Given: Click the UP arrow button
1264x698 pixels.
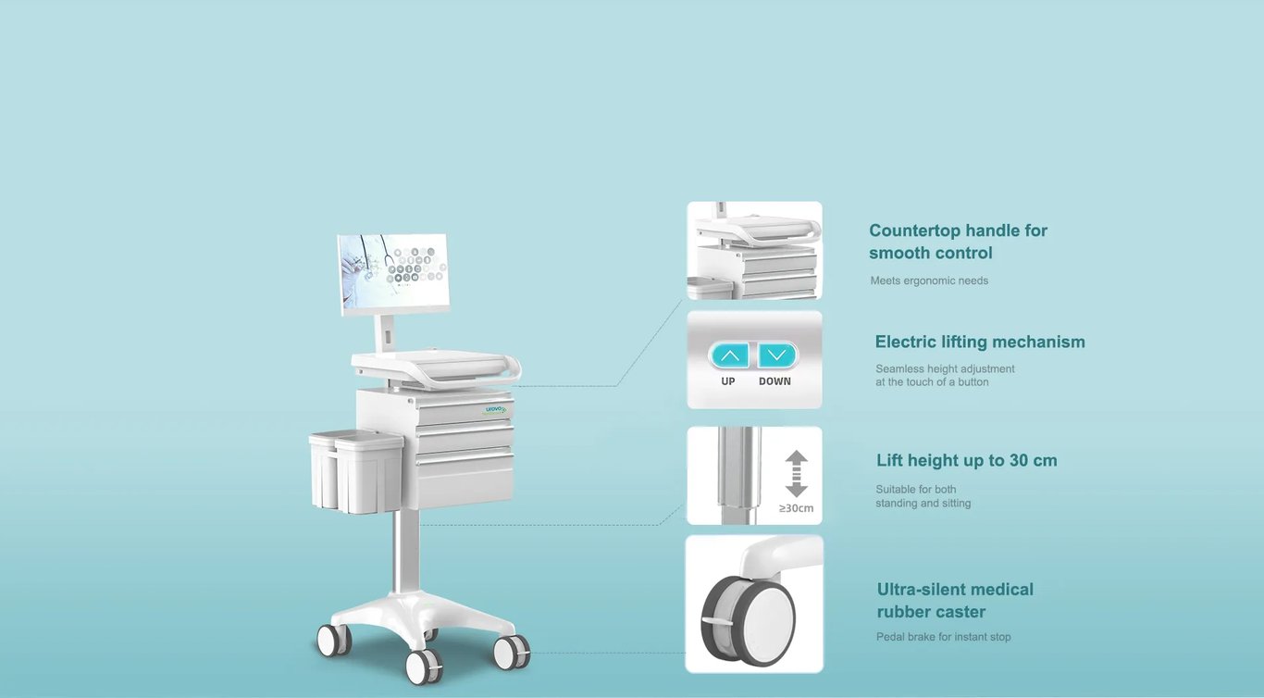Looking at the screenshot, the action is pyautogui.click(x=729, y=355).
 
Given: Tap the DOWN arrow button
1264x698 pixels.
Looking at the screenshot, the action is pyautogui.click(x=777, y=355).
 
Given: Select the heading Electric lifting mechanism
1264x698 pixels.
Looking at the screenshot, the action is pyautogui.click(x=980, y=342).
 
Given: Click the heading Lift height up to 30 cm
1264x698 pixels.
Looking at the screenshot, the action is pyautogui.click(x=967, y=460).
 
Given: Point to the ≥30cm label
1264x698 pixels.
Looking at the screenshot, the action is pyautogui.click(x=796, y=508).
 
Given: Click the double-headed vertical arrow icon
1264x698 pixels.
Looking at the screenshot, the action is pyautogui.click(x=796, y=473).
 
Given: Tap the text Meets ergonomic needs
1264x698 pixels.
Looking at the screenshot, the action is pyautogui.click(x=929, y=280).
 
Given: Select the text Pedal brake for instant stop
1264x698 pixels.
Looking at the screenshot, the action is pyautogui.click(x=944, y=637).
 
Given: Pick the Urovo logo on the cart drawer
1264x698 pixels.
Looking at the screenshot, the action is pyautogui.click(x=496, y=409).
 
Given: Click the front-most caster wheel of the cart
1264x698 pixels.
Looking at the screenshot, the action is pyautogui.click(x=424, y=667).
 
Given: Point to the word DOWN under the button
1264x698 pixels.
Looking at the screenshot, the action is pyautogui.click(x=775, y=381).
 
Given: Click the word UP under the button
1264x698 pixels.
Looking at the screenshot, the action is pyautogui.click(x=728, y=381).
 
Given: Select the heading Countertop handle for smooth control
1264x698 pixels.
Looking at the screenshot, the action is pyautogui.click(x=958, y=242).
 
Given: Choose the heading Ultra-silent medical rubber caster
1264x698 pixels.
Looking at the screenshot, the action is pyautogui.click(x=955, y=600).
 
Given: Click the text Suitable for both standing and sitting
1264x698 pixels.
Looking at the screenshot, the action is pyautogui.click(x=923, y=496).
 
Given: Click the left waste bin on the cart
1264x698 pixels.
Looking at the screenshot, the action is pyautogui.click(x=323, y=470).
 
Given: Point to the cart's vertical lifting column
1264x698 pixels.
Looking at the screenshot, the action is pyautogui.click(x=405, y=551).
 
